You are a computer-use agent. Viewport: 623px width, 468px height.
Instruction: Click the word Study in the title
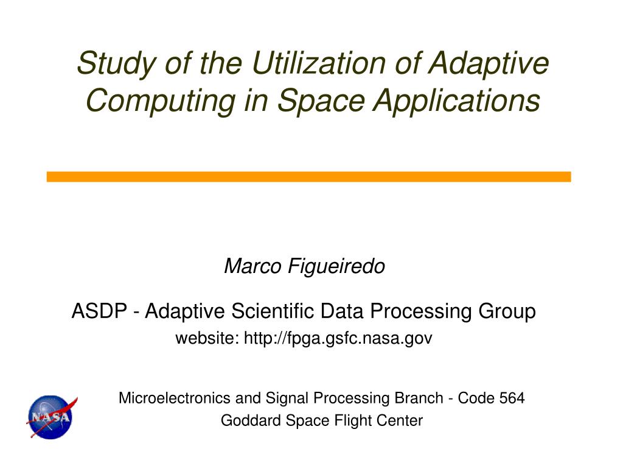coord(117,63)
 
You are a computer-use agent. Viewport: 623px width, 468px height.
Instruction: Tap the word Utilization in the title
coord(318,63)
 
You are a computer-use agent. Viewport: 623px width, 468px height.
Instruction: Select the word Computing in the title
coord(161,101)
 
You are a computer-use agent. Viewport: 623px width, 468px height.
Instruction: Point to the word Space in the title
coord(321,101)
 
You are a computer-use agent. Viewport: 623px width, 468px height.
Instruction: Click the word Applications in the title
coord(456,101)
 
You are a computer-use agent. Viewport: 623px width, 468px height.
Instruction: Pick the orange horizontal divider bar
coord(308,177)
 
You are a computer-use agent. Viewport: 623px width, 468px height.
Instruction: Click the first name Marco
coord(252,266)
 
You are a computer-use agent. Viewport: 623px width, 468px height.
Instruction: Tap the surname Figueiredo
coord(336,267)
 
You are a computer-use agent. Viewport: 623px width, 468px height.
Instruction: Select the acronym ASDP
coord(99,311)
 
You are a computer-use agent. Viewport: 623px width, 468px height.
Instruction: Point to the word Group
coord(507,311)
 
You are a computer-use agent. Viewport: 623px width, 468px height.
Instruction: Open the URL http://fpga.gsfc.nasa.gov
coord(338,338)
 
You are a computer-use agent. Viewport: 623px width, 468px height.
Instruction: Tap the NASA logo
coord(51,417)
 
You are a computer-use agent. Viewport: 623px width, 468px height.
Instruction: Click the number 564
coord(512,398)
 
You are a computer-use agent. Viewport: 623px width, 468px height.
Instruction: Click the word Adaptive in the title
coord(489,63)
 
